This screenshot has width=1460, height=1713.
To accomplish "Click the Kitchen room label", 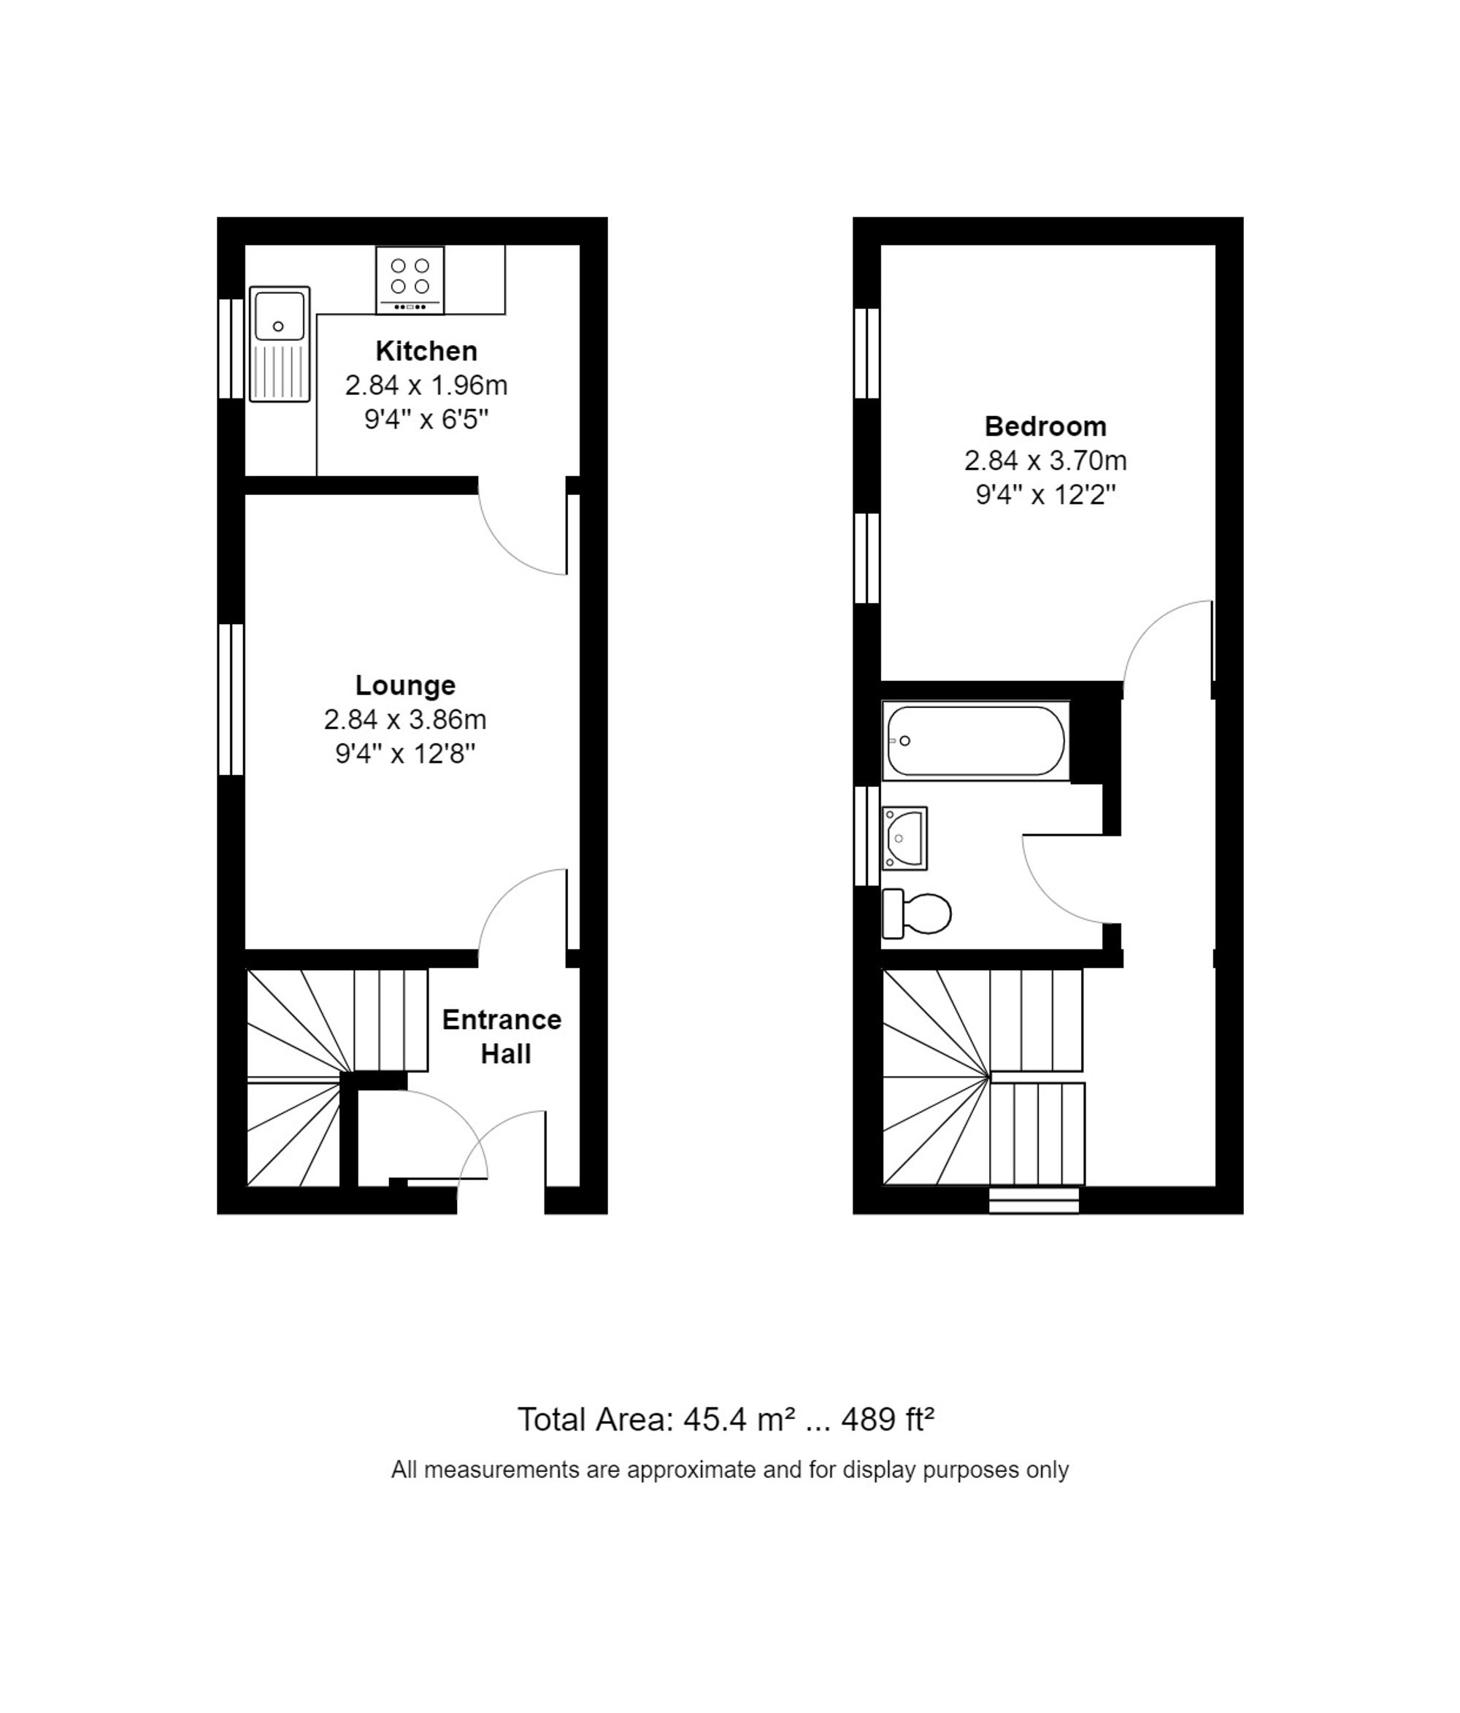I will (426, 350).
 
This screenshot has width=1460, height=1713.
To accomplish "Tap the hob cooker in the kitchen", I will (410, 280).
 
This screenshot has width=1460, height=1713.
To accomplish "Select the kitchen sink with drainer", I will (280, 344).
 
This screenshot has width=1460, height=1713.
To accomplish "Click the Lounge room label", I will (405, 685).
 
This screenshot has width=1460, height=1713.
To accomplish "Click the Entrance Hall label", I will (502, 1036).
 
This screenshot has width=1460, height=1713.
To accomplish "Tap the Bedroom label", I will (1045, 426).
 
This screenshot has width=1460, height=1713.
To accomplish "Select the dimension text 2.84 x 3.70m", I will (1045, 461).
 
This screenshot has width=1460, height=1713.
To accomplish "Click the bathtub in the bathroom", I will (975, 740).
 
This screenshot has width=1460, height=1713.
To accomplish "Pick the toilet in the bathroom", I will (916, 914).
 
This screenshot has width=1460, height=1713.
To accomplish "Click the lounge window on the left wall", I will (231, 699).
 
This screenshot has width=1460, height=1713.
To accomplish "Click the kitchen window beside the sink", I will (231, 348).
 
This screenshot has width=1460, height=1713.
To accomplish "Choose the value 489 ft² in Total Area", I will (887, 1420).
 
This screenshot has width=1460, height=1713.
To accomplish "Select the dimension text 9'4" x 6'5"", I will (426, 420).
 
